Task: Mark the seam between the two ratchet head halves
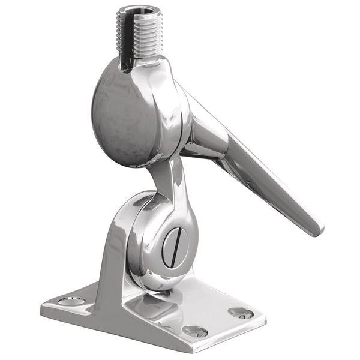(175, 114)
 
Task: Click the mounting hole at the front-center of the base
(195, 331)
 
